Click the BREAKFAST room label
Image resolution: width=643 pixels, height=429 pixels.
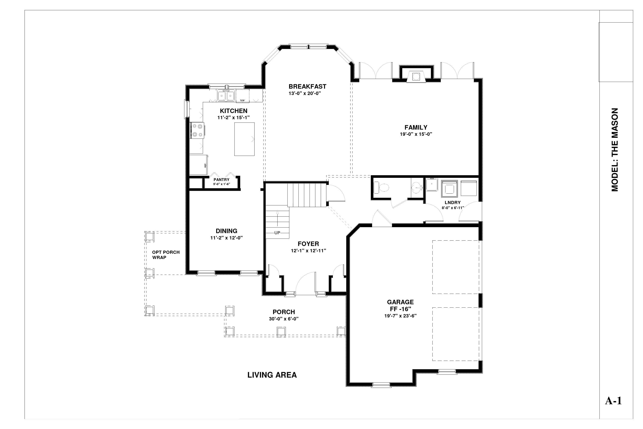[x=307, y=86]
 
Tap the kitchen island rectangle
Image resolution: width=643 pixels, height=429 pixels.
[x=244, y=139]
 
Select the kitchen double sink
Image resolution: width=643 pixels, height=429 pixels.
[x=226, y=96]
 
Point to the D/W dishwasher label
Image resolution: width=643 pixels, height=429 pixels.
[x=242, y=100]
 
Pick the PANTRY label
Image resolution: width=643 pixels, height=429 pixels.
[x=221, y=180]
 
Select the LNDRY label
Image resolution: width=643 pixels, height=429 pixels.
[x=452, y=202]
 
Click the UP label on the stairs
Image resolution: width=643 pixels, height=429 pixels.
[x=277, y=233]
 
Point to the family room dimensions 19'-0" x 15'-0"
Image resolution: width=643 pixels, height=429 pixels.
[x=416, y=134]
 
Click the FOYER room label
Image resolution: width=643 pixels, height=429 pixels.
[x=308, y=244]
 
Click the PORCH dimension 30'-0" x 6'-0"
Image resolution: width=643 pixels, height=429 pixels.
[x=284, y=319]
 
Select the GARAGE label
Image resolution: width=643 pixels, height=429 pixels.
[x=400, y=302]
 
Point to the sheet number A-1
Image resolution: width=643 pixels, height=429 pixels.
[x=613, y=401]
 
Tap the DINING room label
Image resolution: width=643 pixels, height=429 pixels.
[x=226, y=231]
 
